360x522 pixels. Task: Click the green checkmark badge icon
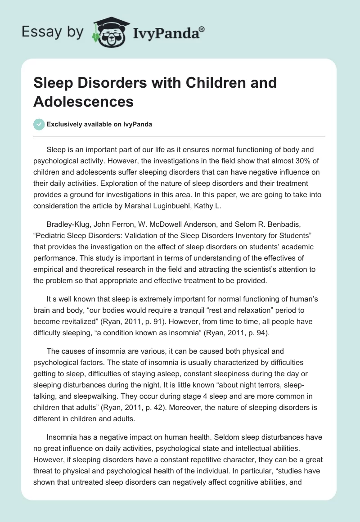click(39, 124)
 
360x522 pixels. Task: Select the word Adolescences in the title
click(83, 101)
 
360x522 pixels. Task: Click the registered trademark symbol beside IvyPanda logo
click(202, 28)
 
